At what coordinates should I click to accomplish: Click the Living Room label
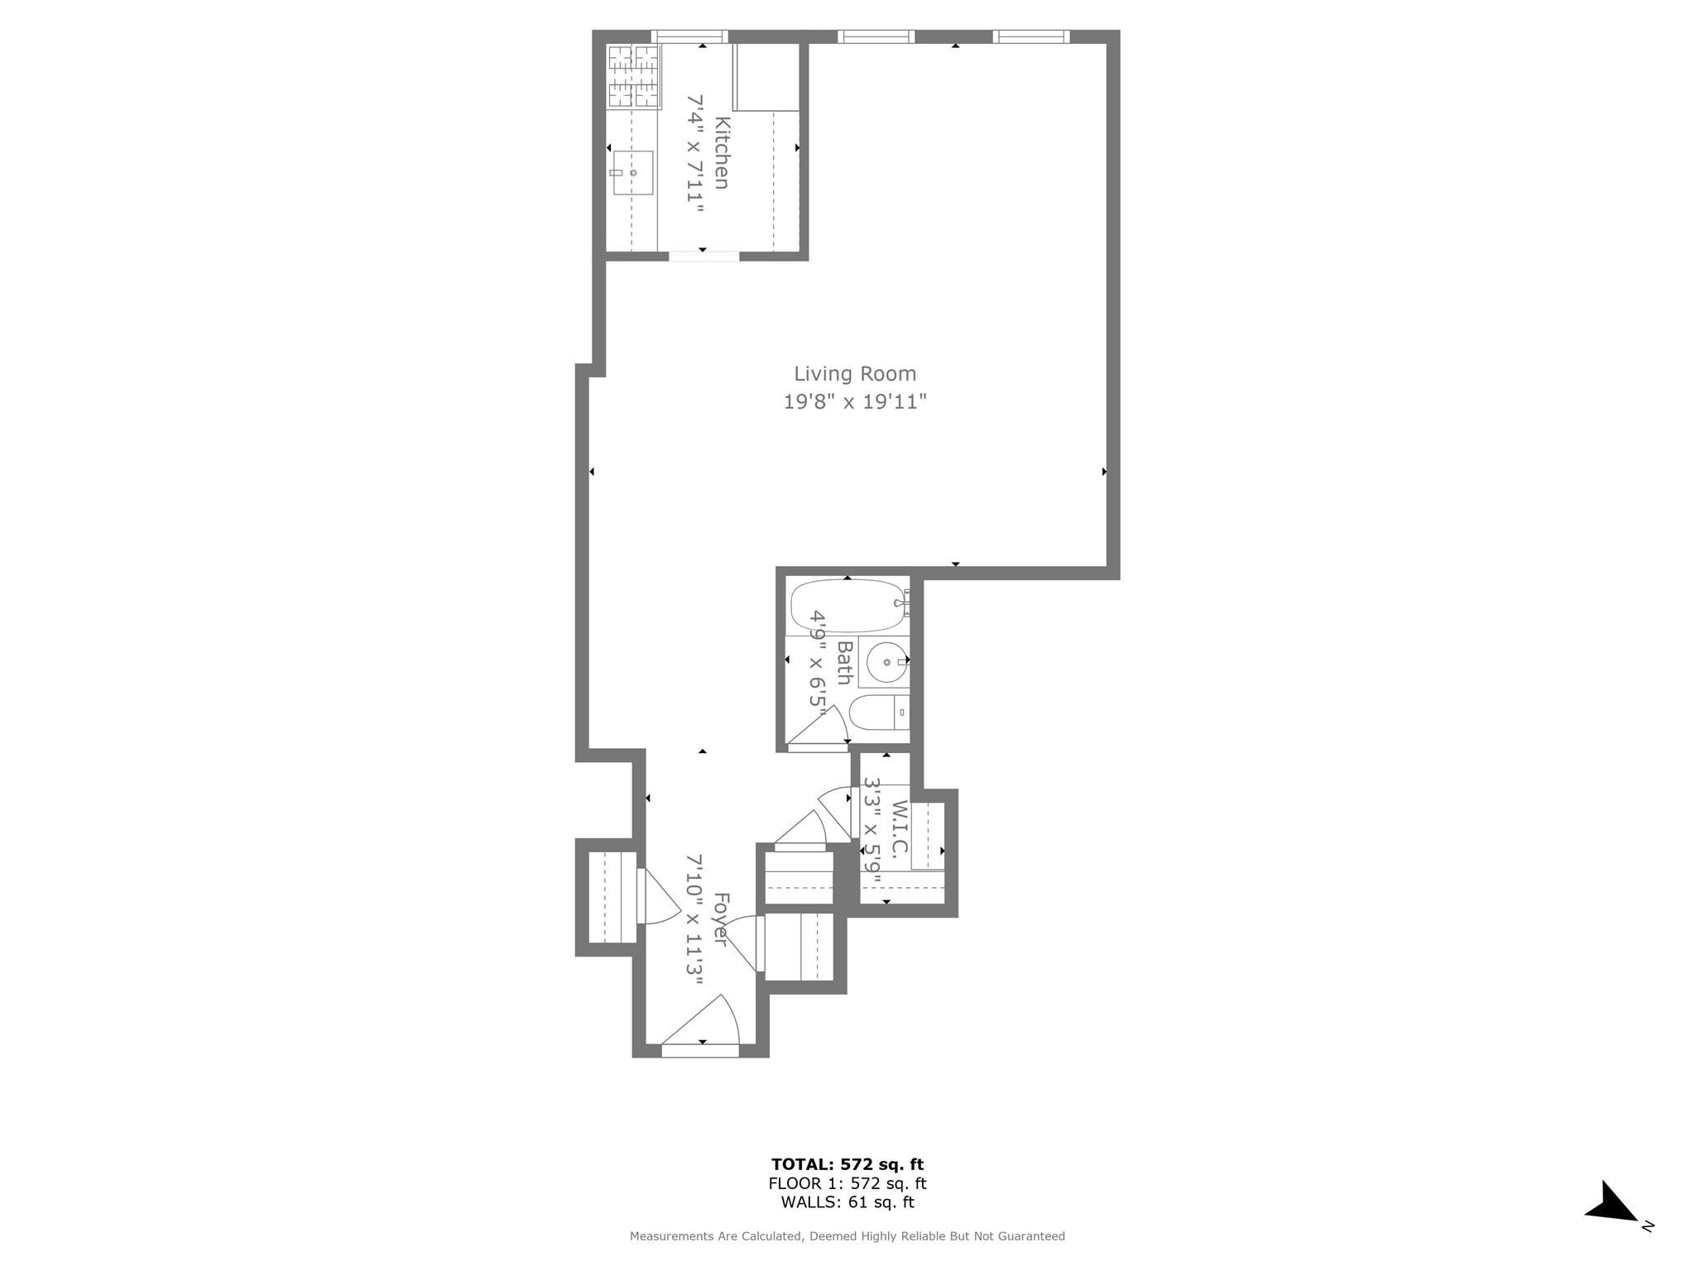[x=855, y=374]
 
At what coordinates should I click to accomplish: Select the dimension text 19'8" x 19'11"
[x=855, y=402]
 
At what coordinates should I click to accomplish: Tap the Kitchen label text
[x=722, y=153]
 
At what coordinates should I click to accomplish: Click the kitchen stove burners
[x=633, y=76]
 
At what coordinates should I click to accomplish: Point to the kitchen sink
[x=633, y=173]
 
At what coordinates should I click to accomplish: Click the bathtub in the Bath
[x=847, y=607]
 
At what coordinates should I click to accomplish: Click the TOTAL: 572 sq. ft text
[x=847, y=1165]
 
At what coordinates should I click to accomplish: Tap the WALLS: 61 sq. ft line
[x=847, y=1203]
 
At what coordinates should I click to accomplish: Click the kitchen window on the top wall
[x=689, y=36]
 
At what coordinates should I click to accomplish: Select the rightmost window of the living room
[x=1030, y=36]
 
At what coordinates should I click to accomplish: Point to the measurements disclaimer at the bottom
[x=847, y=1236]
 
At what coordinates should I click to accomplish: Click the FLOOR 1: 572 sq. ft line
[x=847, y=1184]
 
